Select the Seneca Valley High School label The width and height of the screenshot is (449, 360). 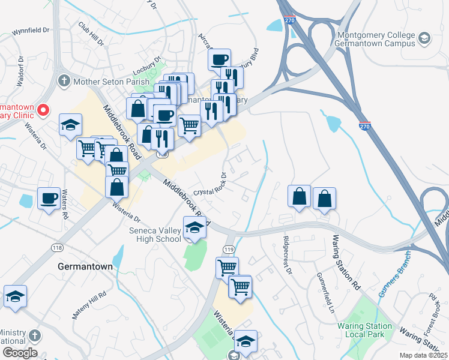[x=155, y=235]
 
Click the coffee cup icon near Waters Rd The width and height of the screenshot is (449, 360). [x=49, y=198]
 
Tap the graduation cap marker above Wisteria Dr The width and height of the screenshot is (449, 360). [x=70, y=125]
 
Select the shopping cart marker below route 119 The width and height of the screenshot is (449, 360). [x=227, y=268]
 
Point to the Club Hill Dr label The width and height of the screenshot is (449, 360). [x=91, y=35]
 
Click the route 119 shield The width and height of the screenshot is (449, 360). [x=228, y=249]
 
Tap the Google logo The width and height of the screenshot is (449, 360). [x=19, y=353]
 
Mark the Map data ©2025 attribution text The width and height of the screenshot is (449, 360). [x=424, y=355]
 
